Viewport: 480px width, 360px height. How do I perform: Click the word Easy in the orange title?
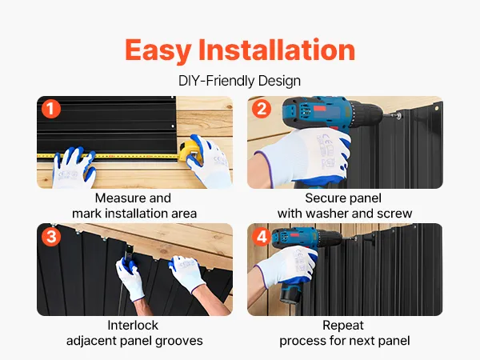click(x=158, y=50)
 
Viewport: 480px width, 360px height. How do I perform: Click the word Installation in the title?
click(x=277, y=50)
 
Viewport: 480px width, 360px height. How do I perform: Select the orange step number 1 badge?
click(x=51, y=109)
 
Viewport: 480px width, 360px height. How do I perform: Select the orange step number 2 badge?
click(x=262, y=109)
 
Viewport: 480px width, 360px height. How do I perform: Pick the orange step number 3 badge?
click(x=51, y=236)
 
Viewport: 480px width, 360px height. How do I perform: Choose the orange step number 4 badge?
click(x=262, y=236)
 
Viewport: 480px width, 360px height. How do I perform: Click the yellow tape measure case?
click(x=191, y=151)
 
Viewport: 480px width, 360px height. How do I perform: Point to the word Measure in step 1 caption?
click(x=116, y=198)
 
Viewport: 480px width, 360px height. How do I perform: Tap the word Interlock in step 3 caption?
click(x=133, y=326)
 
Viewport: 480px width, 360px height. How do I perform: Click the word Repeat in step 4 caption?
click(x=343, y=326)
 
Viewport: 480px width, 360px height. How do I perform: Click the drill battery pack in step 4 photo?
click(x=291, y=294)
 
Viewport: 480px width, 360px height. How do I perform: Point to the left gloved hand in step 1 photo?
click(x=74, y=167)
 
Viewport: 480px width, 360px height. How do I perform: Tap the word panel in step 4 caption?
click(x=394, y=342)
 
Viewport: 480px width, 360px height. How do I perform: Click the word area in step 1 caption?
click(x=184, y=214)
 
